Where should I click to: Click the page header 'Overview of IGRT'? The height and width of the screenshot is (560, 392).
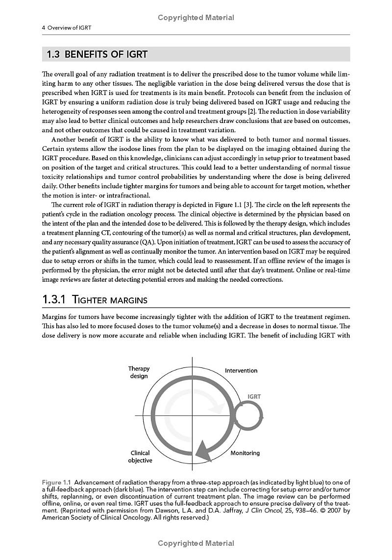point(69,28)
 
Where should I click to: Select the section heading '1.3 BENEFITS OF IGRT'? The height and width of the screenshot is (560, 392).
point(97,54)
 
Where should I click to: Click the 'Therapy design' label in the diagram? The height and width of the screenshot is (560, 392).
point(139,372)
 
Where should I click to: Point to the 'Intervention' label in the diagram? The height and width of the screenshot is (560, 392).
point(241,371)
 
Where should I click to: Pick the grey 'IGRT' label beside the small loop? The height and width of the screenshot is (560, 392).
point(254,397)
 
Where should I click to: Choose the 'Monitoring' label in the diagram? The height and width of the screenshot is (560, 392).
point(245,453)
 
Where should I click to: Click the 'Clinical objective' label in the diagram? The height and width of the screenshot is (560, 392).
point(140,457)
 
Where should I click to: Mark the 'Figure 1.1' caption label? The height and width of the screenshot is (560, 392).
point(56,483)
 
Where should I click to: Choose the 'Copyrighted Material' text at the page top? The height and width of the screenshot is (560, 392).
point(196,18)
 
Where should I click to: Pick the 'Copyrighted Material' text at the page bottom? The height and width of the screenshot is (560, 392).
point(196,543)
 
